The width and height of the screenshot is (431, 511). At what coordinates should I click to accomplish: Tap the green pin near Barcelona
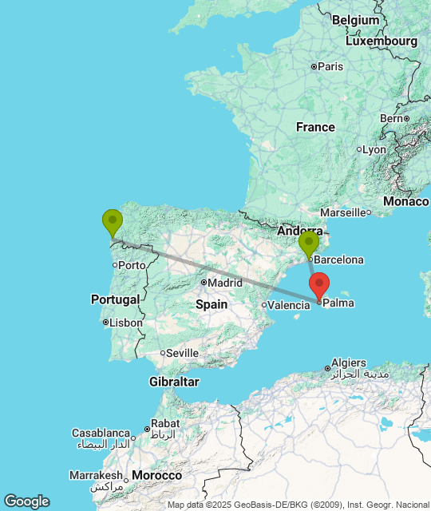[309, 244]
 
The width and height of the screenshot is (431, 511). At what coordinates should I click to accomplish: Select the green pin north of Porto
[113, 221]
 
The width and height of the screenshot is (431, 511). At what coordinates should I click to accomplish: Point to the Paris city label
[330, 66]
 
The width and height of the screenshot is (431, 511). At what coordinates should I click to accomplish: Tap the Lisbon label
[126, 323]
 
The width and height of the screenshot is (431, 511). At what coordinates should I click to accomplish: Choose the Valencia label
[288, 305]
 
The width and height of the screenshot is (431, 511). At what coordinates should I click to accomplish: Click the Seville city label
[182, 353]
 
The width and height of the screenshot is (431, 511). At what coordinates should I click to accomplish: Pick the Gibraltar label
[174, 382]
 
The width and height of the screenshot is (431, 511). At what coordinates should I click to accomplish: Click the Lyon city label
[374, 149]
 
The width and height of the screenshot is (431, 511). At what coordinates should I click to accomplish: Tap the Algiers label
[348, 362]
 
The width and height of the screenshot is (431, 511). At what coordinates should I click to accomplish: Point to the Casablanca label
[101, 433]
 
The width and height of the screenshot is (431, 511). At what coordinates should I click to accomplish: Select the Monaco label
[406, 201]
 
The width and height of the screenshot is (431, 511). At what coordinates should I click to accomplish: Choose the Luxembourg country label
[382, 41]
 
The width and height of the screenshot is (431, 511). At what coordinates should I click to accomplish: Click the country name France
[315, 127]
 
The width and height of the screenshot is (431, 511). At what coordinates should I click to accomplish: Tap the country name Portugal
[116, 299]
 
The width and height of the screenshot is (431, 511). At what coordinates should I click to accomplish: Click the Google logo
[26, 501]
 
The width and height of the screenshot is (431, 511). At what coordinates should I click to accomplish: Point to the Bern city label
[392, 118]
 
